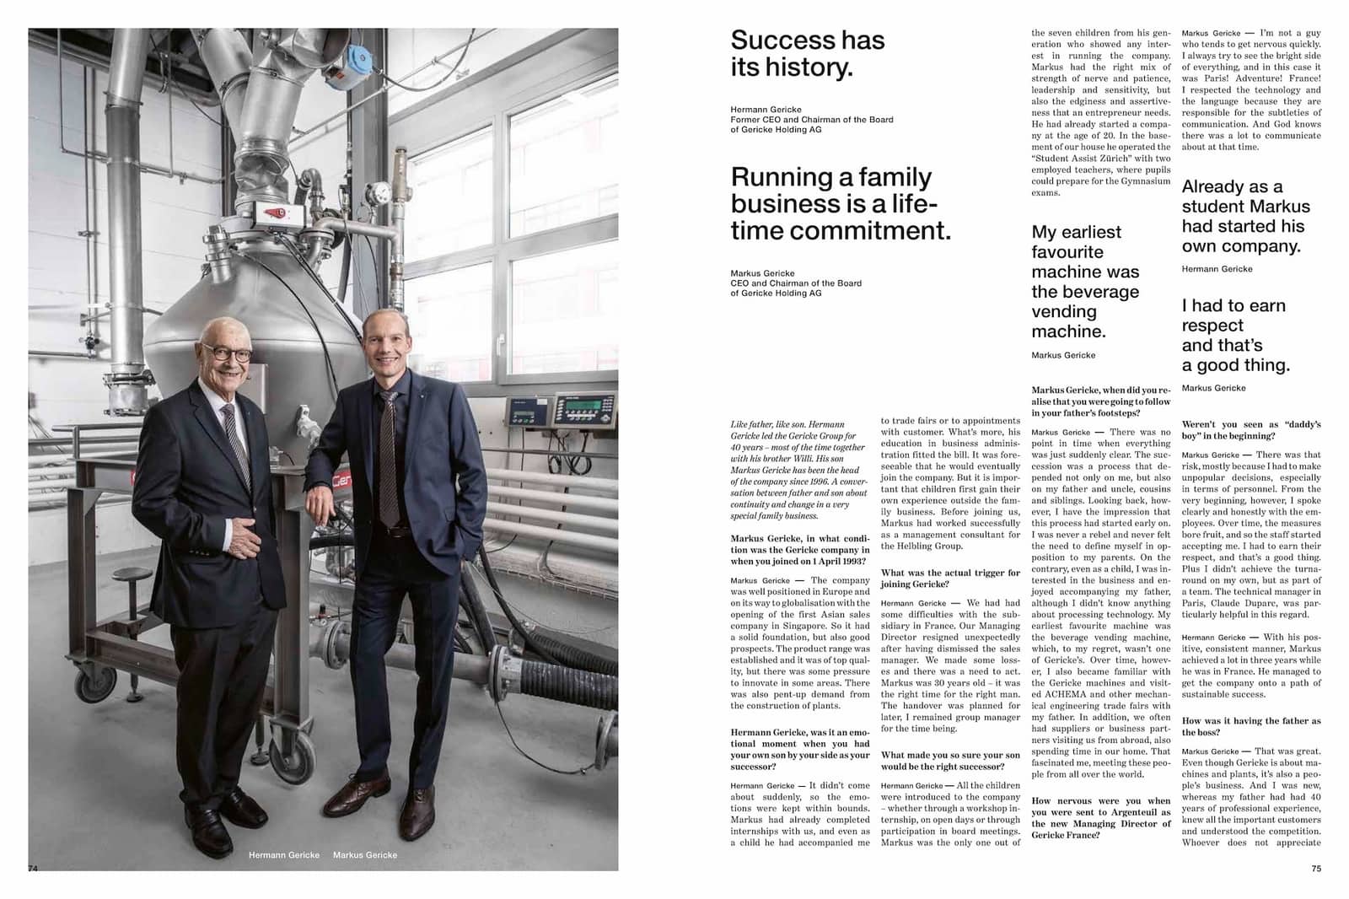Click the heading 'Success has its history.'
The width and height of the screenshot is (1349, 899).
coord(807,53)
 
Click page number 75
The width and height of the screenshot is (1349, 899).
coord(1316,868)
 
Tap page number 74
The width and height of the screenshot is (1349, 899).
coord(34,868)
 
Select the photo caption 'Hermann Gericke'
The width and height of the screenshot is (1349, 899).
coord(284,855)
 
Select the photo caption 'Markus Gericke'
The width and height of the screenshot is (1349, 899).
coord(365,855)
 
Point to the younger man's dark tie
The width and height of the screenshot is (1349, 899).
coord(389,455)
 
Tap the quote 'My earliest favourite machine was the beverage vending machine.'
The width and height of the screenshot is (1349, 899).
coord(1084,282)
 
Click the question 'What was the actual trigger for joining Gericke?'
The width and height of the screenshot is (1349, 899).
coord(950,579)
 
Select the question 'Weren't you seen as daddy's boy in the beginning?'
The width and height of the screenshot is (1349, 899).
coord(1250,430)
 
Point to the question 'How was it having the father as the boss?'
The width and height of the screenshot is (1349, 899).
coord(1250,726)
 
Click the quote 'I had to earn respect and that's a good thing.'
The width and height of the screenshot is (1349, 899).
coord(1234,335)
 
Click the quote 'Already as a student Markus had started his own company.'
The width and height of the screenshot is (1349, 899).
coord(1245,217)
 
